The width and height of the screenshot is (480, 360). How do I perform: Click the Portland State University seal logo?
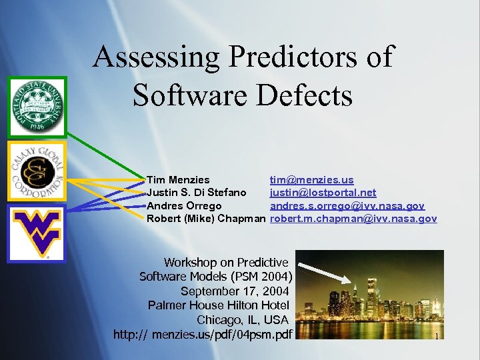pyautogui.click(x=37, y=107)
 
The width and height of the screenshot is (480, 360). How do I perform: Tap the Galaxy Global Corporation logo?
pyautogui.click(x=37, y=171)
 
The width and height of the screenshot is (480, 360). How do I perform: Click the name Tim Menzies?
pyautogui.click(x=178, y=180)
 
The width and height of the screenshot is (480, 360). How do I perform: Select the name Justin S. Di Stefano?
pyautogui.click(x=196, y=193)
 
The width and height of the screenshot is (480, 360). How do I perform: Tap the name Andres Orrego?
pyautogui.click(x=184, y=205)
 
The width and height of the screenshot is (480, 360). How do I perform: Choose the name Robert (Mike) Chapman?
pyautogui.click(x=206, y=218)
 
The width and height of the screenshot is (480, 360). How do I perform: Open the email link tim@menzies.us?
pyautogui.click(x=311, y=180)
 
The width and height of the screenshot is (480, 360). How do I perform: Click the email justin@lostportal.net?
pyautogui.click(x=323, y=193)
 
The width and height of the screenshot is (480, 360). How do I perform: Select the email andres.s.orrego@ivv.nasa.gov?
pyautogui.click(x=347, y=205)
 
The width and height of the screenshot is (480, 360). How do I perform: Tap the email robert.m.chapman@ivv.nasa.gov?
pyautogui.click(x=353, y=218)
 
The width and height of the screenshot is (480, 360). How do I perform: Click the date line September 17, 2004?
pyautogui.click(x=235, y=291)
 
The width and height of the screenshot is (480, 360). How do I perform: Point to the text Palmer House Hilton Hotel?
pyautogui.click(x=219, y=305)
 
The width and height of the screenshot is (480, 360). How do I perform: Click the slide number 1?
pyautogui.click(x=436, y=337)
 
